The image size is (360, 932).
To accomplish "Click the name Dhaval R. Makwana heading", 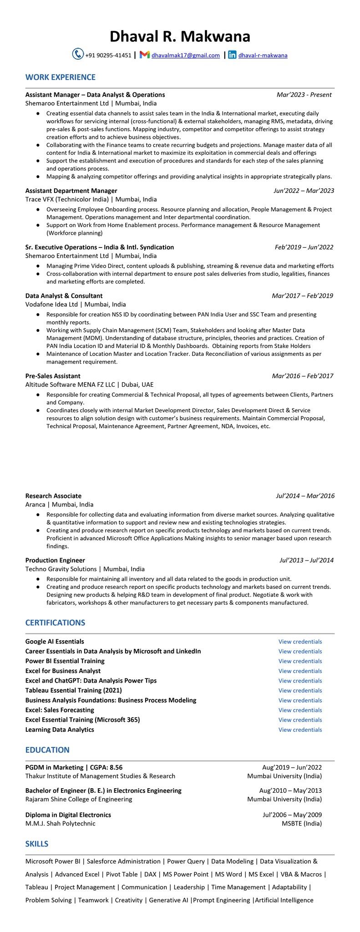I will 180,36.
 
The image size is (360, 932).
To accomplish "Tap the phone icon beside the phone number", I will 78,54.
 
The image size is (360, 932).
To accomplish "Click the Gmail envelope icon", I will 145,55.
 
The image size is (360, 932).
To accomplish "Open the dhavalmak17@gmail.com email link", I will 186,56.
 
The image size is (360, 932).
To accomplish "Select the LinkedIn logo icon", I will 232,55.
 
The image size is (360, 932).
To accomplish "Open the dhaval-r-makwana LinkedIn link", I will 263,56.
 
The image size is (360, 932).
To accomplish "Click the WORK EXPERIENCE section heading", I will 61,77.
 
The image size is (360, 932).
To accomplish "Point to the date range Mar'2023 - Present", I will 304,95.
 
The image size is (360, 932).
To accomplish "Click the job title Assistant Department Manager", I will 71,191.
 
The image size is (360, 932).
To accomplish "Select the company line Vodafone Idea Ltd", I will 76,304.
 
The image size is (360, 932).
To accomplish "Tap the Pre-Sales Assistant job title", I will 53,376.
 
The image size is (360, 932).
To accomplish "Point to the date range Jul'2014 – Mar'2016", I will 305,496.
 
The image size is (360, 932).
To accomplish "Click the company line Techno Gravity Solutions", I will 85,569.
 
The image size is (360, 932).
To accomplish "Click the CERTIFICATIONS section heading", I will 55,623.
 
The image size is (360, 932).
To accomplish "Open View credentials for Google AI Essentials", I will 300,642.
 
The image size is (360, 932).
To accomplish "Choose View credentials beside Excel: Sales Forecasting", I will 300,710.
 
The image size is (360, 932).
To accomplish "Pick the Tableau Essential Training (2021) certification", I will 74,690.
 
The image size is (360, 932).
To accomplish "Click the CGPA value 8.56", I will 114,767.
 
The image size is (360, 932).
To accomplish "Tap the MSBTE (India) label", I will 301,823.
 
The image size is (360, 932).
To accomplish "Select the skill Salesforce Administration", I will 123,861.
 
